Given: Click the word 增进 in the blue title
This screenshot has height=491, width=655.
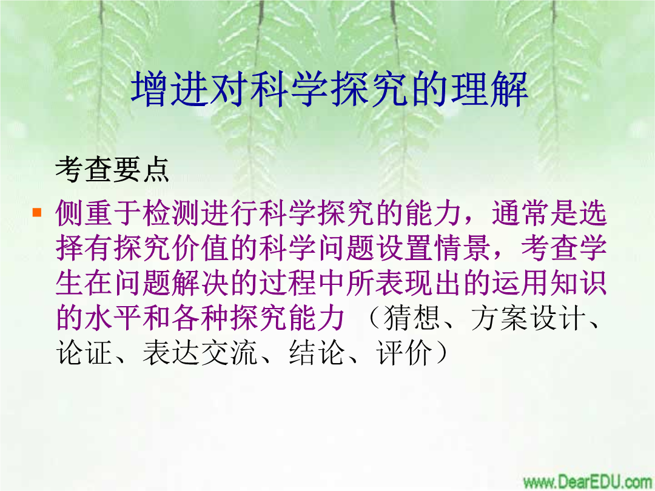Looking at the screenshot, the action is (x=171, y=89).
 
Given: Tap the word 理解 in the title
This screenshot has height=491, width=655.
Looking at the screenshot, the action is (x=489, y=89).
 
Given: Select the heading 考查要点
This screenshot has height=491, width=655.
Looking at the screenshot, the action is (x=112, y=170).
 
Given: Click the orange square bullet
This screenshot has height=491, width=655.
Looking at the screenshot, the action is (x=37, y=212).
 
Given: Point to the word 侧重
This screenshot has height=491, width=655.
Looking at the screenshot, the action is (x=84, y=213).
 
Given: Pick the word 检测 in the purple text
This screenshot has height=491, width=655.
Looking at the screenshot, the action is (x=171, y=213).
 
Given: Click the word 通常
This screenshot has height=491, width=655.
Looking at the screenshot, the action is (x=520, y=213).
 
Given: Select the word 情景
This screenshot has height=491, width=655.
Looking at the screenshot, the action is (x=462, y=248).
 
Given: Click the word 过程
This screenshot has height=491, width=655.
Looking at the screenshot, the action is (x=287, y=282).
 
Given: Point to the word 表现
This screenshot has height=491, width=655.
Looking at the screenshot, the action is (x=404, y=282).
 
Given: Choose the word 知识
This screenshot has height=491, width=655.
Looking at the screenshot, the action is (x=579, y=282).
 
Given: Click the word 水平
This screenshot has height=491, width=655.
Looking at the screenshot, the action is (x=113, y=318).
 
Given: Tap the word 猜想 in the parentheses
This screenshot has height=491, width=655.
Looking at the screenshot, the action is (x=411, y=318).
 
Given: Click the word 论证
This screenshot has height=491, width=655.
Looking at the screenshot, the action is (x=84, y=353).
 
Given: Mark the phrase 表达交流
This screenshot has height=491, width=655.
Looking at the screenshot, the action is (x=200, y=353).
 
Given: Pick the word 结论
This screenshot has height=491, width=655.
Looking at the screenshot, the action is (x=317, y=353).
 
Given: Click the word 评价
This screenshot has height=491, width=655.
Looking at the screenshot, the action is (x=404, y=353).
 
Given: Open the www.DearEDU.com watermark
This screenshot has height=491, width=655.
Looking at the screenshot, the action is (x=587, y=481).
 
